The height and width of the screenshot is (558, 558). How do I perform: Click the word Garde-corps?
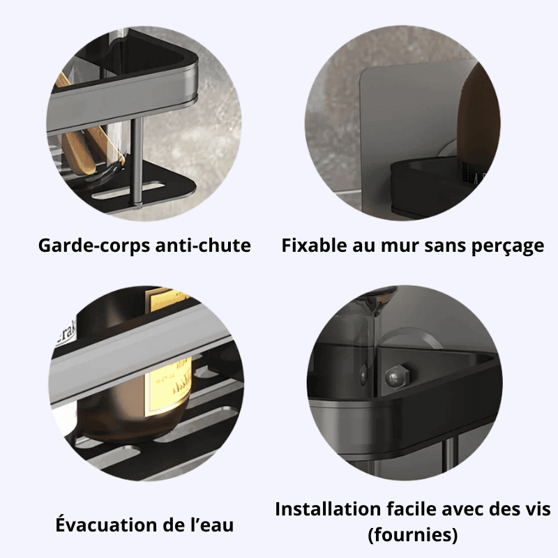click(x=94, y=246)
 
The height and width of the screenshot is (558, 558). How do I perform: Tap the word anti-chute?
click(x=203, y=246)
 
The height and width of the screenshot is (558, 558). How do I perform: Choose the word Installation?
click(x=328, y=509)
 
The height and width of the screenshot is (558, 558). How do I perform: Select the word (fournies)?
click(x=412, y=535)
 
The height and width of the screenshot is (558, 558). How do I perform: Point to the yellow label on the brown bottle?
click(x=169, y=389)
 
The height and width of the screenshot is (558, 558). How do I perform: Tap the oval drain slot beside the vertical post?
click(x=128, y=190)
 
